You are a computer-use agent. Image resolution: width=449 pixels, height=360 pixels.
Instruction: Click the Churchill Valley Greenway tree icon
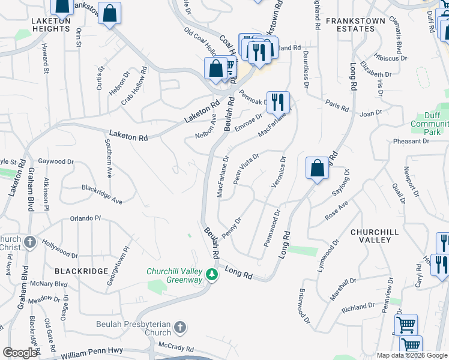point(211,275)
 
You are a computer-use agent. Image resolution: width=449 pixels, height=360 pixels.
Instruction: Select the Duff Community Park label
point(430,123)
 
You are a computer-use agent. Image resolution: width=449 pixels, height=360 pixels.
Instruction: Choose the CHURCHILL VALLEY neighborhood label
point(370,236)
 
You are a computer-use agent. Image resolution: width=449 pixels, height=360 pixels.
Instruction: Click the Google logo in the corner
point(20,353)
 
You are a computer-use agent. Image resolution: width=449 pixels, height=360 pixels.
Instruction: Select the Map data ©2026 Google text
point(412,355)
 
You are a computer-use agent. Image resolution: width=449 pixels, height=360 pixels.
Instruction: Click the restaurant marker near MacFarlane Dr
point(278,101)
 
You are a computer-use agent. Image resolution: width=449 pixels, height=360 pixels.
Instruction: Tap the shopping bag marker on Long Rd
point(317,168)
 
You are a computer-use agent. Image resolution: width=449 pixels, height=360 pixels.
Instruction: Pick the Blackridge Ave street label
point(102,194)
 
